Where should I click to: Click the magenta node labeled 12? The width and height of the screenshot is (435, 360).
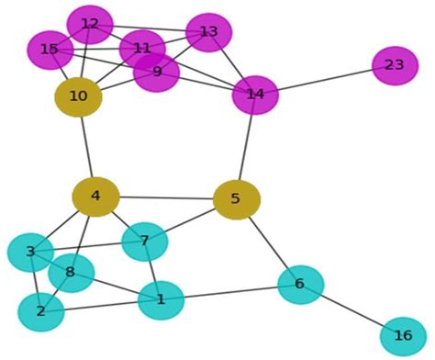point(90,25)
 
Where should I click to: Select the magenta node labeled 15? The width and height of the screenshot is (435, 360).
point(50,50)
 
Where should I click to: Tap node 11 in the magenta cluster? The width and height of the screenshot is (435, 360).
point(142,49)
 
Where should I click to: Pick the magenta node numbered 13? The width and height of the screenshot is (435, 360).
point(208,32)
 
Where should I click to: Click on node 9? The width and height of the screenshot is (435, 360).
point(157,72)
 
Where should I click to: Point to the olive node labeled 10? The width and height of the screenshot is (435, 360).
point(78,96)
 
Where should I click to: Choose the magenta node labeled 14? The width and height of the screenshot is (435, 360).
point(255,95)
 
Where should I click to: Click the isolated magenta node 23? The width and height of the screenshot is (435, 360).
point(395,65)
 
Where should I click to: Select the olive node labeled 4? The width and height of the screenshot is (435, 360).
point(95,197)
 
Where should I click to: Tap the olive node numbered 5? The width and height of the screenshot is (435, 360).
point(236,199)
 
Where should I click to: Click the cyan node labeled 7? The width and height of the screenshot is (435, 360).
point(144,242)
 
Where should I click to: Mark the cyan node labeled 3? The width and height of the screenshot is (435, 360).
point(30,253)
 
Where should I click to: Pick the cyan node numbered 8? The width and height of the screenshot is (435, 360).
point(71,273)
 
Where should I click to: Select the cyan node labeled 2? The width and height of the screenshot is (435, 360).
point(40,312)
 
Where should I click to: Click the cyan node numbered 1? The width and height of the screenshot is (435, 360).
point(161,300)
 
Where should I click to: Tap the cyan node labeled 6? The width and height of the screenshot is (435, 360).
point(300,285)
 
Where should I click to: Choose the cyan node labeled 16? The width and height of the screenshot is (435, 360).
point(403,336)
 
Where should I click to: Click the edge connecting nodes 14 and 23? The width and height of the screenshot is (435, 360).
point(326,80)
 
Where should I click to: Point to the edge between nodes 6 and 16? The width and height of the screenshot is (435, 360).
point(351,310)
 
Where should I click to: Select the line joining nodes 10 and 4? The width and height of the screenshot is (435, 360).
point(87,147)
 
